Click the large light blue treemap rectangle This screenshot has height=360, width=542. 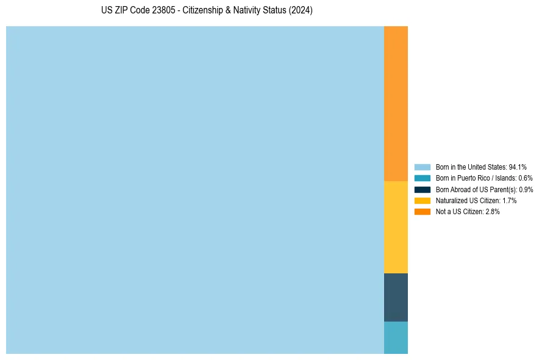pyautogui.click(x=195, y=190)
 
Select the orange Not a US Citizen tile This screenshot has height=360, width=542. pyautogui.click(x=396, y=104)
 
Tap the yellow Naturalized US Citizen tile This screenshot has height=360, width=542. pyautogui.click(x=396, y=227)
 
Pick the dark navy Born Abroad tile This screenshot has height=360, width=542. pyautogui.click(x=396, y=297)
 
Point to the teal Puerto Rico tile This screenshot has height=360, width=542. pyautogui.click(x=396, y=337)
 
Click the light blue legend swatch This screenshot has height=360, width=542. pyautogui.click(x=423, y=167)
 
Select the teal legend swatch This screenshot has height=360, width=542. pyautogui.click(x=423, y=178)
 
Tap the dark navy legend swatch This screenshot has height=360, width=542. pyautogui.click(x=423, y=189)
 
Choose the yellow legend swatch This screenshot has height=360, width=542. pyautogui.click(x=423, y=200)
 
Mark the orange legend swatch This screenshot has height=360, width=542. pyautogui.click(x=423, y=211)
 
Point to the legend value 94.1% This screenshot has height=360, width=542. pyautogui.click(x=518, y=167)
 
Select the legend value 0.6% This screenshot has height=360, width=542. pyautogui.click(x=525, y=178)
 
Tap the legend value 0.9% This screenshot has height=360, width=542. pyautogui.click(x=526, y=189)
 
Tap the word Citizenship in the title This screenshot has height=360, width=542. pyautogui.click(x=204, y=11)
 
